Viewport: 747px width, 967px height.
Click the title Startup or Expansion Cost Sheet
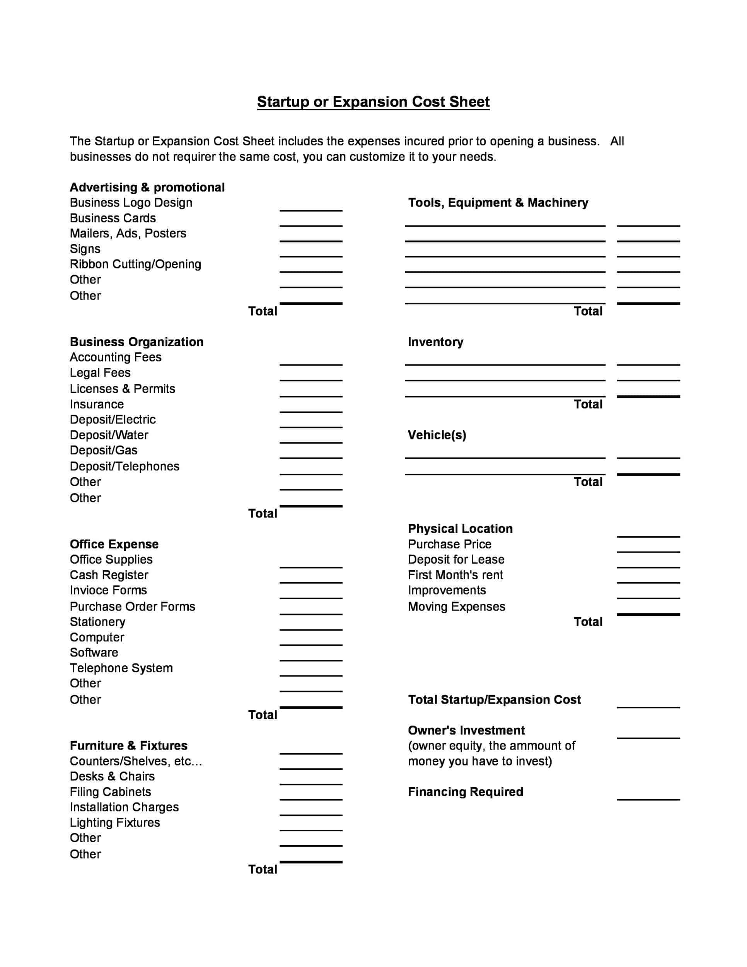tap(373, 102)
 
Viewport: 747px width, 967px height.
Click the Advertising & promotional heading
tap(147, 187)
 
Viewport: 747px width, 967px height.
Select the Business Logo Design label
tap(131, 203)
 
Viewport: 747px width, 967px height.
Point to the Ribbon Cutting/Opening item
tap(135, 264)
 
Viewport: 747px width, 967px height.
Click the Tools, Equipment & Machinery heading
tap(498, 203)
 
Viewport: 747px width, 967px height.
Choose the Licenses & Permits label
tap(123, 389)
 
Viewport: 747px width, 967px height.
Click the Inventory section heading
tap(435, 342)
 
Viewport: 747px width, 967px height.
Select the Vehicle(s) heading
tap(437, 435)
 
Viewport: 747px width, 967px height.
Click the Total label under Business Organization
tap(263, 513)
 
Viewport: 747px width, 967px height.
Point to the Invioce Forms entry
tap(108, 590)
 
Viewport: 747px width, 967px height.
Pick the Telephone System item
tap(121, 668)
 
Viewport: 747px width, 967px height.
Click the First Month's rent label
tap(455, 575)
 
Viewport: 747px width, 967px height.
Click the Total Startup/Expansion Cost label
tap(494, 700)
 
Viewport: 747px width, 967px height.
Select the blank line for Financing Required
tap(648, 795)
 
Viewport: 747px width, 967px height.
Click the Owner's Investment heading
tap(466, 730)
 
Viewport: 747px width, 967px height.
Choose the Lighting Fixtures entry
tap(115, 822)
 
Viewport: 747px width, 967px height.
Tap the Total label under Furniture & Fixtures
tap(263, 869)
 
